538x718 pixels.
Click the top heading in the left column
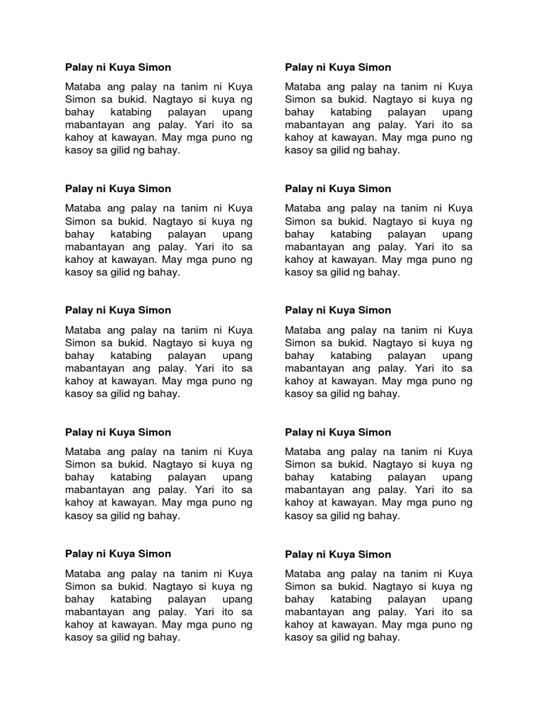click(118, 67)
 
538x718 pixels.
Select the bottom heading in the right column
click(338, 554)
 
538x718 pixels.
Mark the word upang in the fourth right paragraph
click(457, 477)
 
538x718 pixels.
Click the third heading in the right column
click(338, 310)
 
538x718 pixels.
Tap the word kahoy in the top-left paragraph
click(79, 137)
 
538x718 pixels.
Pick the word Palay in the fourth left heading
click(78, 432)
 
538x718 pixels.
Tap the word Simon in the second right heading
click(374, 189)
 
